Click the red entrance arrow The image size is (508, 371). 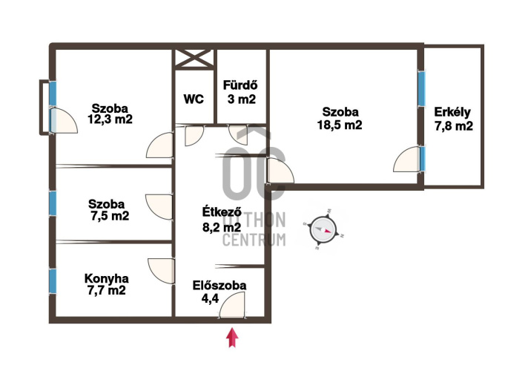[x=232, y=338]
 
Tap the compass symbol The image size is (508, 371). [x=323, y=229]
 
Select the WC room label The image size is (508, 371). [x=194, y=99]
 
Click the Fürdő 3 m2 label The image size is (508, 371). [x=241, y=92]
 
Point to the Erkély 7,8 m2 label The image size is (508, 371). [x=453, y=119]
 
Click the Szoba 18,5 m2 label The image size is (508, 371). [x=340, y=118]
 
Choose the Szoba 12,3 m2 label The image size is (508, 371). [x=110, y=114]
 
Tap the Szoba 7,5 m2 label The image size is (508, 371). [x=108, y=210]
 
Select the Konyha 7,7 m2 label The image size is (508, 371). [x=106, y=284]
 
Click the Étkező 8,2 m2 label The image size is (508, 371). [x=222, y=220]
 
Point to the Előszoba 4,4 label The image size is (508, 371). [x=220, y=292]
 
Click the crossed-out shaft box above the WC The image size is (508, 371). [x=194, y=59]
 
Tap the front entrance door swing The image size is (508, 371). [x=232, y=305]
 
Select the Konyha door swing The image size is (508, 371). [x=162, y=272]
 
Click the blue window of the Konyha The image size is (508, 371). [x=53, y=281]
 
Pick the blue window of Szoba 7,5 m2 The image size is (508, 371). [x=53, y=203]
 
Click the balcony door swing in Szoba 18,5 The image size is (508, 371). [x=406, y=159]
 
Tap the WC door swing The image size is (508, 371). [x=194, y=136]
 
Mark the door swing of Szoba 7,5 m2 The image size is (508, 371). [x=159, y=207]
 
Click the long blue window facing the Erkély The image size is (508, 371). [x=421, y=89]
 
